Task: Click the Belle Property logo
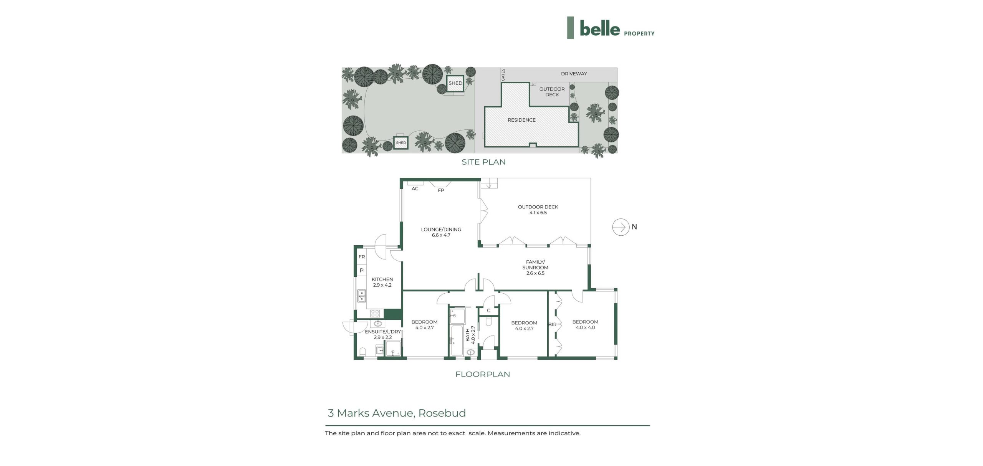pyautogui.click(x=611, y=28)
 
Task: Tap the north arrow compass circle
pyautogui.click(x=621, y=227)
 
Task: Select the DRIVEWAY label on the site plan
pyautogui.click(x=574, y=74)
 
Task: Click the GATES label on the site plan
pyautogui.click(x=503, y=75)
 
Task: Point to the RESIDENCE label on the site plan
pyautogui.click(x=521, y=120)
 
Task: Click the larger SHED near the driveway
pyautogui.click(x=455, y=83)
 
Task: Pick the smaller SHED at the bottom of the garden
pyautogui.click(x=401, y=143)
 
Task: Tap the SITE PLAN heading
pyautogui.click(x=483, y=162)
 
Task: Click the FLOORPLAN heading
pyautogui.click(x=483, y=374)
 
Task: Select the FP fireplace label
pyautogui.click(x=441, y=190)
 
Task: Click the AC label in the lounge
pyautogui.click(x=415, y=189)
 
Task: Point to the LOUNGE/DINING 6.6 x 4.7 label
pyautogui.click(x=441, y=232)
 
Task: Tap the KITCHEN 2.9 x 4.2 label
pyautogui.click(x=382, y=282)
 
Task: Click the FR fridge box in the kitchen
pyautogui.click(x=361, y=257)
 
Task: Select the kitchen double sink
pyautogui.click(x=93, y=296)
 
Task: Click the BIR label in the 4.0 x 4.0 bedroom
pyautogui.click(x=552, y=325)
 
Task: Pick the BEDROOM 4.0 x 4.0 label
pyautogui.click(x=585, y=325)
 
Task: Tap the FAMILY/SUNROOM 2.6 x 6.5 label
pyautogui.click(x=535, y=268)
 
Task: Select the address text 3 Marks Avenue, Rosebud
pyautogui.click(x=397, y=413)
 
